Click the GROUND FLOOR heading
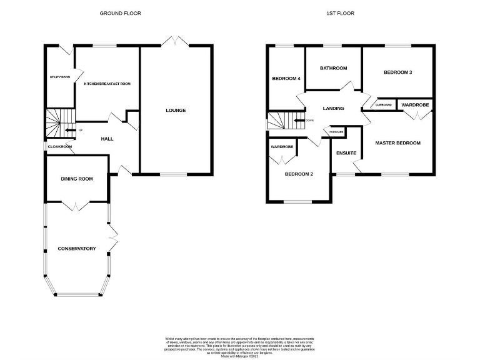[x=120, y=13]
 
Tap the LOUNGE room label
[x=176, y=111]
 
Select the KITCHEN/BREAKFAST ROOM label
[x=107, y=84]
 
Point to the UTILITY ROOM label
[x=59, y=77]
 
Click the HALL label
[x=107, y=138]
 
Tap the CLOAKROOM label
[x=61, y=146]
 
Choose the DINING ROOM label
[x=77, y=179]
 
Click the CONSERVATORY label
[x=77, y=249]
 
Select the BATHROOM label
[x=333, y=68]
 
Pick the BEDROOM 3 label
[x=397, y=72]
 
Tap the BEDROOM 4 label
[x=286, y=79]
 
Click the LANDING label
[x=333, y=108]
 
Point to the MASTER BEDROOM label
[x=397, y=143]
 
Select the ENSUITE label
[x=346, y=152]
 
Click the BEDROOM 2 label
[x=298, y=174]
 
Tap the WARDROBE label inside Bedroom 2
[x=282, y=147]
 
